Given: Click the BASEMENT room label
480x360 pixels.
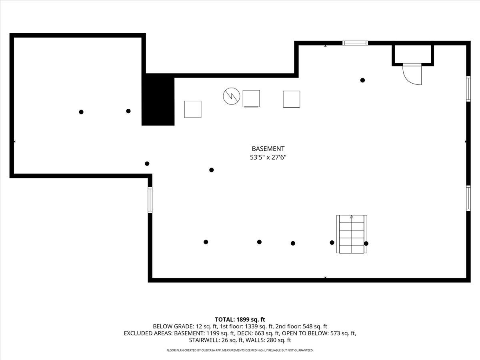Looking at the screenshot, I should (268, 149).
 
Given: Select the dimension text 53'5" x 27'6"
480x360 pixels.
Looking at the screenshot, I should (268, 158).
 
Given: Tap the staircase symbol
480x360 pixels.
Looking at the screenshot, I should (352, 234).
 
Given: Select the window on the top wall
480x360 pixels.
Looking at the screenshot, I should (355, 43).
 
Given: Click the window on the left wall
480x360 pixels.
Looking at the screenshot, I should (150, 200).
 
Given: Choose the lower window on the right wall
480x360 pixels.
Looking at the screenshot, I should (468, 198).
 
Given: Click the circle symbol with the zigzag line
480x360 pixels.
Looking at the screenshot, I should (232, 96).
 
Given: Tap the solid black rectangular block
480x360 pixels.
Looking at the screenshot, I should (158, 100).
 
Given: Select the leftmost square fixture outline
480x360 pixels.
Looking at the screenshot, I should (193, 109).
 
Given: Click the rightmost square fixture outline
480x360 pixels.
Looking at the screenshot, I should (292, 99).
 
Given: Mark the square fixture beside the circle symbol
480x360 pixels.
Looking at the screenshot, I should (251, 99).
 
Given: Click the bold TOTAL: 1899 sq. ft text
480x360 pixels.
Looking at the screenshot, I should (240, 319).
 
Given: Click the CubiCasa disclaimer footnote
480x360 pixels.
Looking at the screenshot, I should (240, 350).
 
